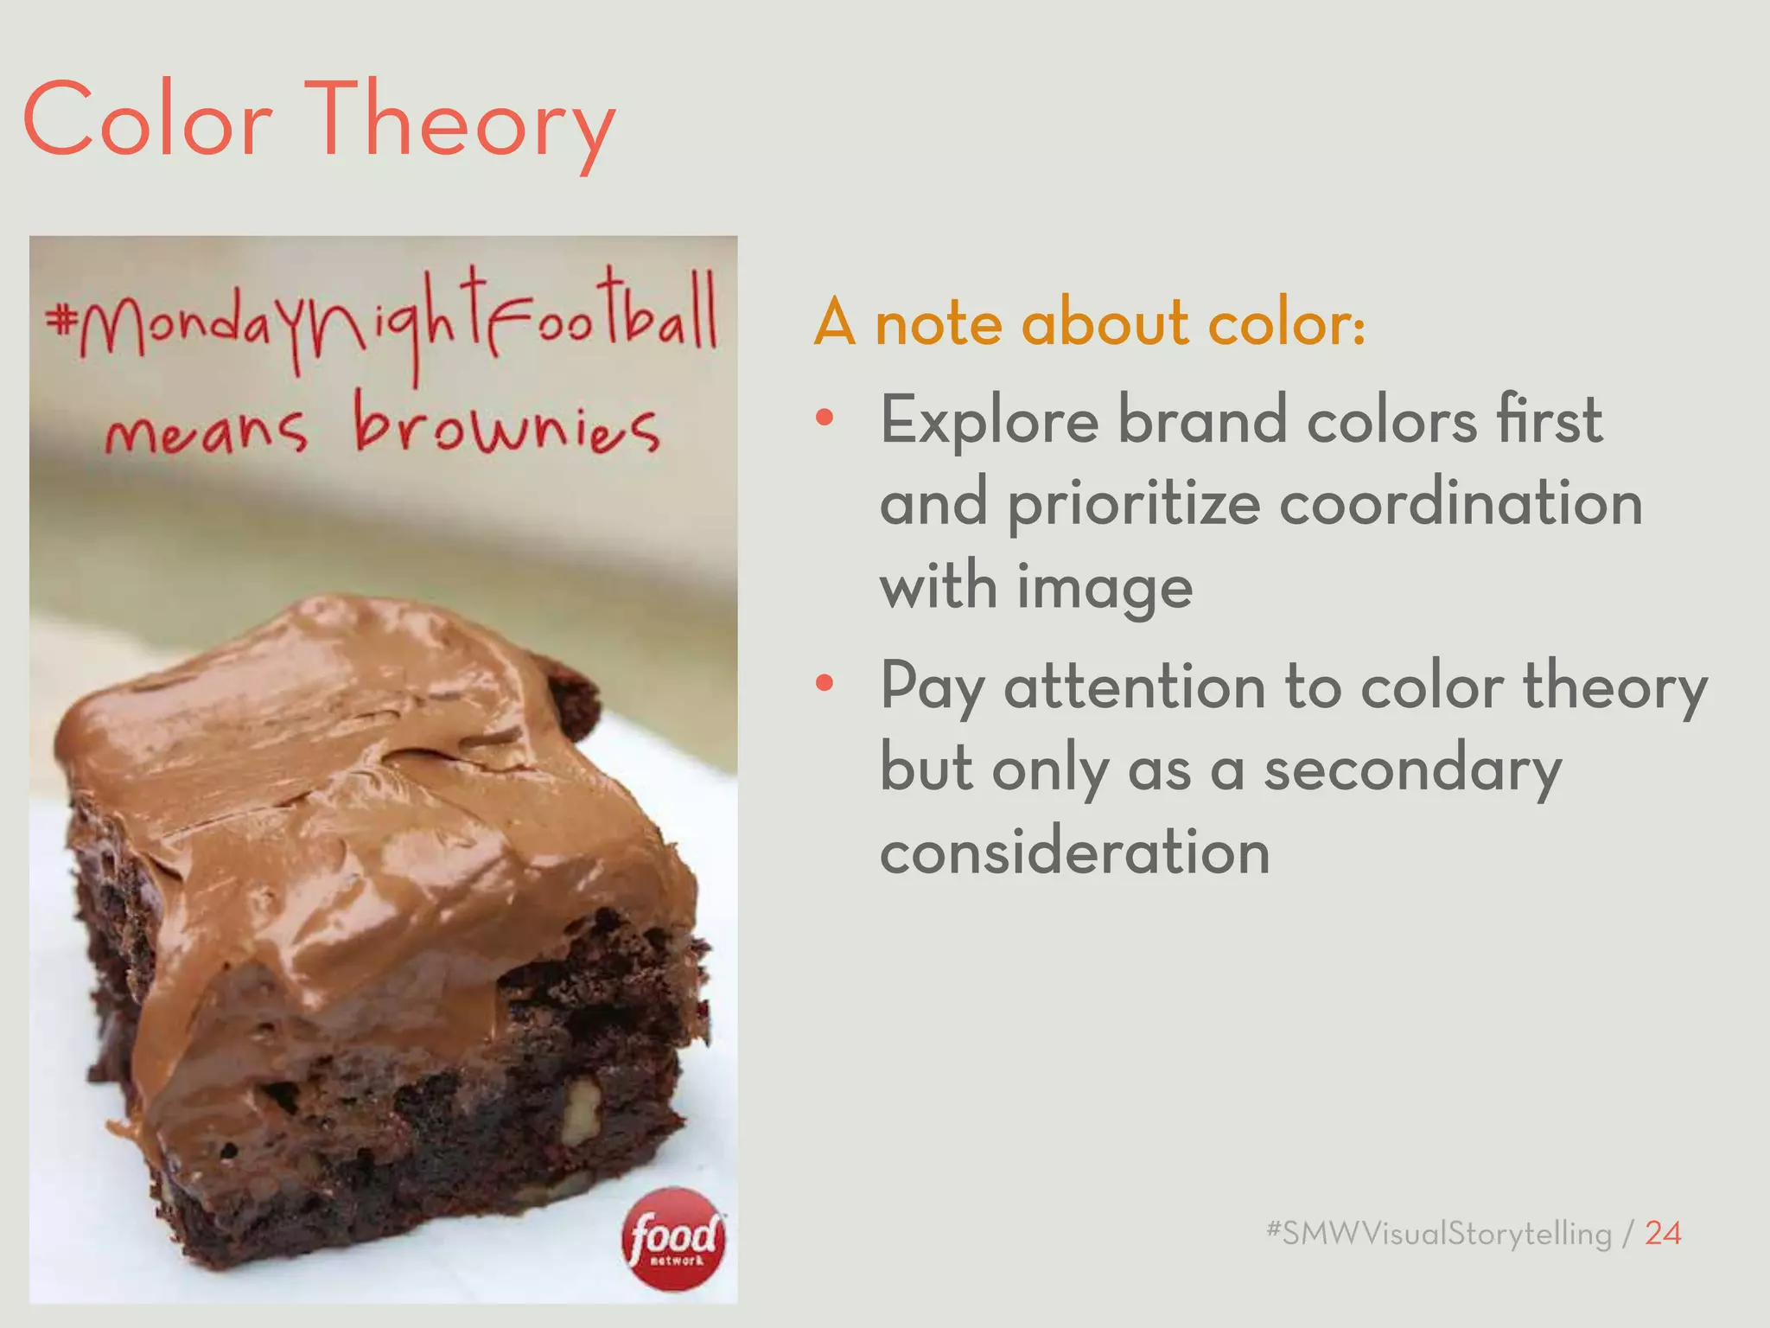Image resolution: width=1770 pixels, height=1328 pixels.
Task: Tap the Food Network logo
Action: pos(674,1239)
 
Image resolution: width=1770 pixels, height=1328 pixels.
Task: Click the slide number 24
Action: pos(1662,1233)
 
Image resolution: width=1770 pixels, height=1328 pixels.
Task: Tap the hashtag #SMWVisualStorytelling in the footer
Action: pos(1438,1233)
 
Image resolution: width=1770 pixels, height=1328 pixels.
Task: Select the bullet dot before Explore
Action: pos(825,418)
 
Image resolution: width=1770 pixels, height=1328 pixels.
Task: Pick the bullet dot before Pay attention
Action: pos(825,683)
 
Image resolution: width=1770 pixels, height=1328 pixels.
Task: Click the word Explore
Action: pos(989,420)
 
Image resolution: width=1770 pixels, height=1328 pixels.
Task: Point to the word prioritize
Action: pos(1133,505)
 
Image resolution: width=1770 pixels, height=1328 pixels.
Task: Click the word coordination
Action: pos(1461,503)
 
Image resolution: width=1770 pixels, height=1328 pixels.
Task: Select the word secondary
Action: pos(1412,769)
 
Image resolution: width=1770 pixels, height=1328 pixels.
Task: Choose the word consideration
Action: pos(1074,852)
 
